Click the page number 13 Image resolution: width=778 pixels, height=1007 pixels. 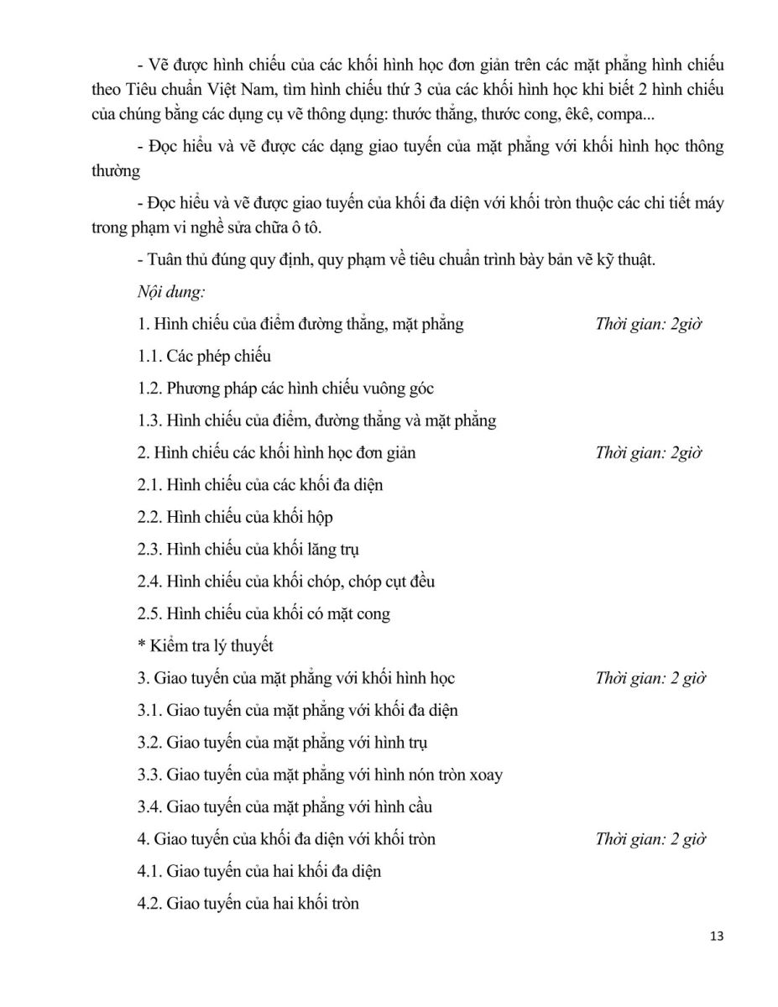point(716,936)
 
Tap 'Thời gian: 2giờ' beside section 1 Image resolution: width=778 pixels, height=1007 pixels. point(648,324)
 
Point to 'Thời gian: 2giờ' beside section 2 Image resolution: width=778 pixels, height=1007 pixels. point(648,453)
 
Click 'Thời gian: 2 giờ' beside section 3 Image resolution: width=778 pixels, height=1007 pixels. point(650,678)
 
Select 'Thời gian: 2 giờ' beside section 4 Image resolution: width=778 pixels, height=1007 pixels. point(650,839)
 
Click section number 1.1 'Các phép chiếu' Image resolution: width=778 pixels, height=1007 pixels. point(204,356)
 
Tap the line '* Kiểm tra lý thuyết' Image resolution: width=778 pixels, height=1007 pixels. point(206,646)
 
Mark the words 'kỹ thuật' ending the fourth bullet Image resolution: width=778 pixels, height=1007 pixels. point(627,259)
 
